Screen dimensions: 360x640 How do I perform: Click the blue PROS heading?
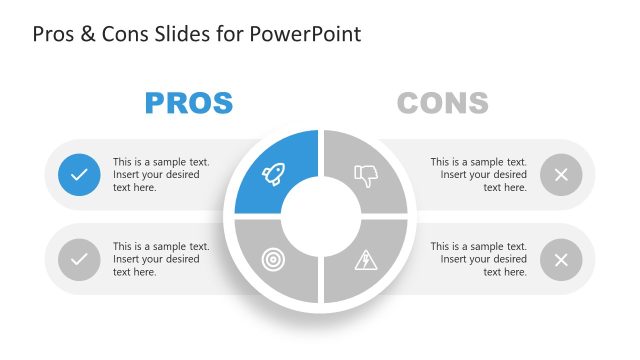click(x=188, y=102)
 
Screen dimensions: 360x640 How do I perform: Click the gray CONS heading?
click(x=442, y=102)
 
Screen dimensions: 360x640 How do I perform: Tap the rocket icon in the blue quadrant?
click(x=272, y=175)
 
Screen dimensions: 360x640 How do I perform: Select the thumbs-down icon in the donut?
click(x=366, y=176)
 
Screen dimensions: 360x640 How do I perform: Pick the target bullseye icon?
click(x=272, y=260)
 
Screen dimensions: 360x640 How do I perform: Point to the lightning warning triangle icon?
click(x=366, y=260)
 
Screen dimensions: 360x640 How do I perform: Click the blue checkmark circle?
click(x=79, y=175)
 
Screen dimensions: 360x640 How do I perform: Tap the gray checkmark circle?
click(x=79, y=260)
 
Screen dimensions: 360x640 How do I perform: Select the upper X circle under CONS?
click(x=561, y=175)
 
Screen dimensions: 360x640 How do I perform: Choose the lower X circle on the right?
click(x=561, y=260)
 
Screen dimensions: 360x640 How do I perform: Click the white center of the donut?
click(x=320, y=218)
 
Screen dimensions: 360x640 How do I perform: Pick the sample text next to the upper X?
click(x=478, y=175)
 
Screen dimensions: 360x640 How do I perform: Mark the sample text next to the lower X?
click(x=478, y=260)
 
